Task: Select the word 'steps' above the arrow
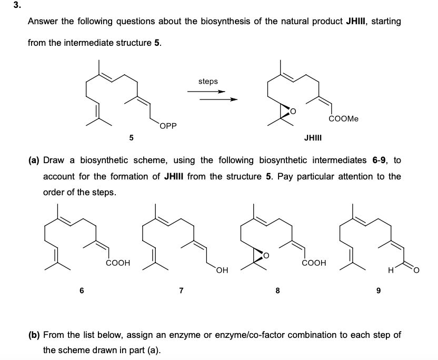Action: click(207, 81)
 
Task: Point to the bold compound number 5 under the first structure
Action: click(132, 137)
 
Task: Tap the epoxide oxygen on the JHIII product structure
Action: click(293, 112)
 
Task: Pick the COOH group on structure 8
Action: click(314, 262)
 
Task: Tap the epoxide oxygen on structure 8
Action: click(265, 256)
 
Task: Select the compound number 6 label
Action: click(82, 289)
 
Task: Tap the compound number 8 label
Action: click(276, 289)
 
